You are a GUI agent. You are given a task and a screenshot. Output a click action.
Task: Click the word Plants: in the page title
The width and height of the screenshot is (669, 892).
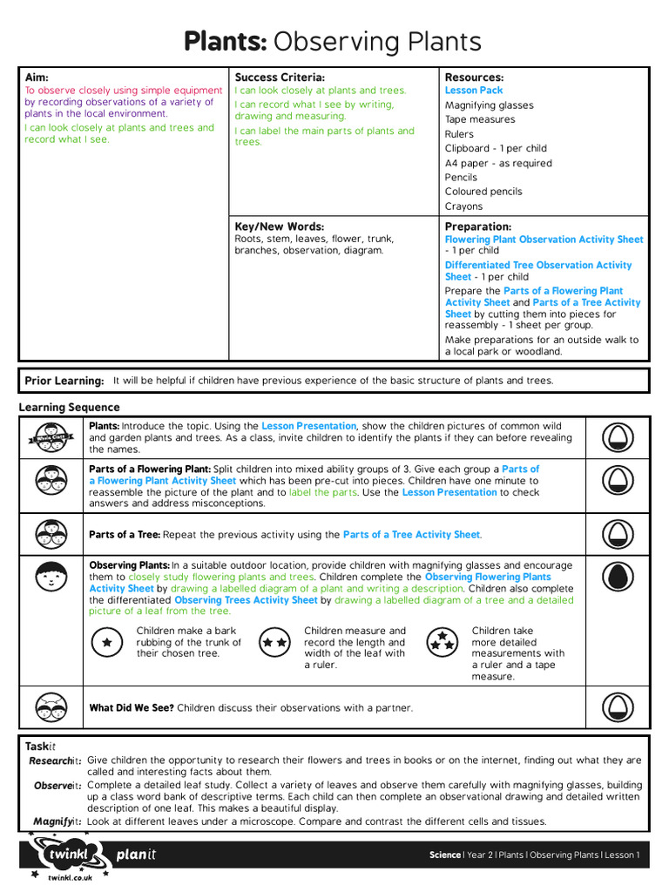pos(226,41)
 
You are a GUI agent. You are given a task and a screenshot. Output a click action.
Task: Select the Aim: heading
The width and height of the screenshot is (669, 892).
pos(37,78)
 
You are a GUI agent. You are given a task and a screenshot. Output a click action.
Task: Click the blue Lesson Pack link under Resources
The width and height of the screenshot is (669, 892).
pos(474,91)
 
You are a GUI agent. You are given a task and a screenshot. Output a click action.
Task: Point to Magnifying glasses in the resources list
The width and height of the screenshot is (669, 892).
pos(489,105)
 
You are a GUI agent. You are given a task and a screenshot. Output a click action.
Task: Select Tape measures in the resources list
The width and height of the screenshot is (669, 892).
pos(480,119)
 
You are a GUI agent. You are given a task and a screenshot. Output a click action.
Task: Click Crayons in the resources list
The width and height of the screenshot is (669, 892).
pos(463,206)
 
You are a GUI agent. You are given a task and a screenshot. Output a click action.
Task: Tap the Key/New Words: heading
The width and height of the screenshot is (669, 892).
pos(279,226)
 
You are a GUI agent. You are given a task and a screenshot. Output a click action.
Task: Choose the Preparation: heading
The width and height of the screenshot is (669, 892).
pos(478,226)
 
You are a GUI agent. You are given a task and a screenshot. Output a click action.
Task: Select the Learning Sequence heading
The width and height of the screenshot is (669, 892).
pos(70,408)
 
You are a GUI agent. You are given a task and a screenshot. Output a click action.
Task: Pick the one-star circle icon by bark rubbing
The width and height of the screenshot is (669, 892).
pos(107,642)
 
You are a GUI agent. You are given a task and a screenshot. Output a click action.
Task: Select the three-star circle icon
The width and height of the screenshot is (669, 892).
pos(443,642)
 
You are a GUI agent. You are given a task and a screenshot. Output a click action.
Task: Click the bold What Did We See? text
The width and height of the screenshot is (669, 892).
pos(132,708)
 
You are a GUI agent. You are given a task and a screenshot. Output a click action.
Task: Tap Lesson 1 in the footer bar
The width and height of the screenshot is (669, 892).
pos(622,855)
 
